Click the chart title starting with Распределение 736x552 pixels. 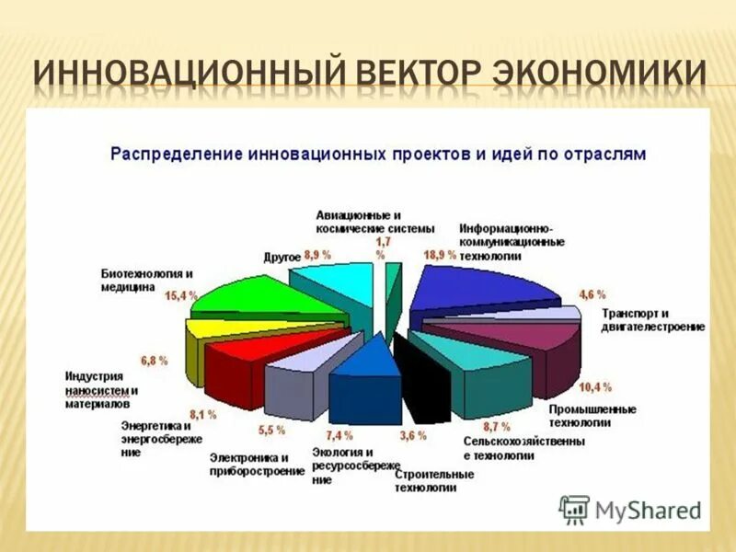point(378,154)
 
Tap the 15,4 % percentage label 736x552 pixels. point(181,295)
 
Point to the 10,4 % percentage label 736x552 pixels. point(593,387)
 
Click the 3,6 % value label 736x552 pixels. point(412,435)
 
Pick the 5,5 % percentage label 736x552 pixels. point(270,430)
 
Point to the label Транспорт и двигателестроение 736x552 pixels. point(652,319)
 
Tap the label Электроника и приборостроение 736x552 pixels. point(256,464)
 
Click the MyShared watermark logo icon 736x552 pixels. point(574,509)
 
